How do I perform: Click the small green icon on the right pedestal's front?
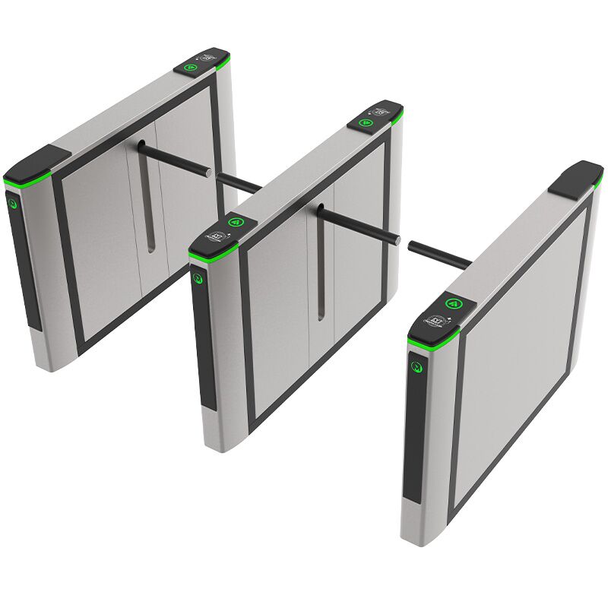click(x=416, y=366)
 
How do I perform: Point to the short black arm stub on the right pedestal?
click(x=439, y=254)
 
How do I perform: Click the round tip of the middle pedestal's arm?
click(x=396, y=240)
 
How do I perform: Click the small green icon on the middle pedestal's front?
click(x=201, y=280)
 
